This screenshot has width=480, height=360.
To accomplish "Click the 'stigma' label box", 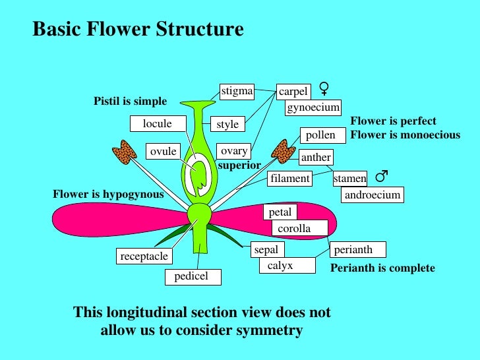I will [237, 92].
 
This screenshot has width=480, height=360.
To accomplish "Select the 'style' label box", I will [227, 124].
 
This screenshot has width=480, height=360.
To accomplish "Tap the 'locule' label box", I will [157, 124].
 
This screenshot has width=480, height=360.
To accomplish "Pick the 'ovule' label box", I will [164, 152].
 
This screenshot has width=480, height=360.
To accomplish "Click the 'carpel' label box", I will [293, 92].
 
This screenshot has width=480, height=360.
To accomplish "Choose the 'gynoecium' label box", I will [313, 107].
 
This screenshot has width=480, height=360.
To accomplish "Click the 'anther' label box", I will [316, 158].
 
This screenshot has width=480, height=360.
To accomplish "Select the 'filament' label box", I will [290, 179].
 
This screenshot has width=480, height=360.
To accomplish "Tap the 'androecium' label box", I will [371, 195].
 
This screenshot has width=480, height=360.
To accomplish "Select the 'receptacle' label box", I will [144, 256].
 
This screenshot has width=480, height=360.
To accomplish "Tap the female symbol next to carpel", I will [324, 88].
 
